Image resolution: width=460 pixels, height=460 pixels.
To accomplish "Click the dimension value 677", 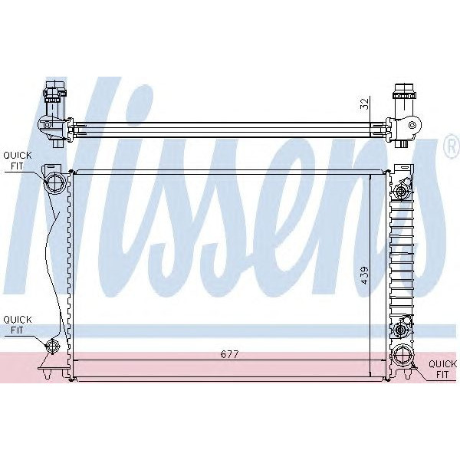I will tap(229, 354).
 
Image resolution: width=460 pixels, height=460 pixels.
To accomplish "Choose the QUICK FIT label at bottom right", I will tap(442, 370).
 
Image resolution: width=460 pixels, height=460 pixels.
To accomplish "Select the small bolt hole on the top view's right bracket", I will tap(412, 124).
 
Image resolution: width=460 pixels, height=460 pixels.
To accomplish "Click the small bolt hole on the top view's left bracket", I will tap(48, 124).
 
